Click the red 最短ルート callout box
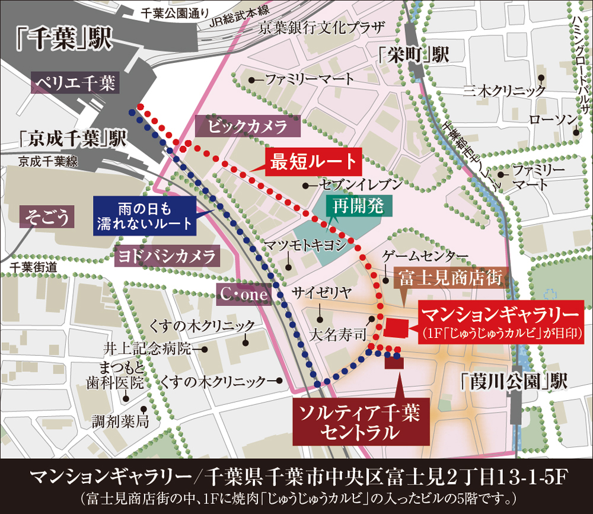click(313, 161)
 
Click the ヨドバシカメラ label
click(167, 257)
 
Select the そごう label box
click(47, 218)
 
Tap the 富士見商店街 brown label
click(450, 277)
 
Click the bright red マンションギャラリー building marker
click(397, 327)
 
